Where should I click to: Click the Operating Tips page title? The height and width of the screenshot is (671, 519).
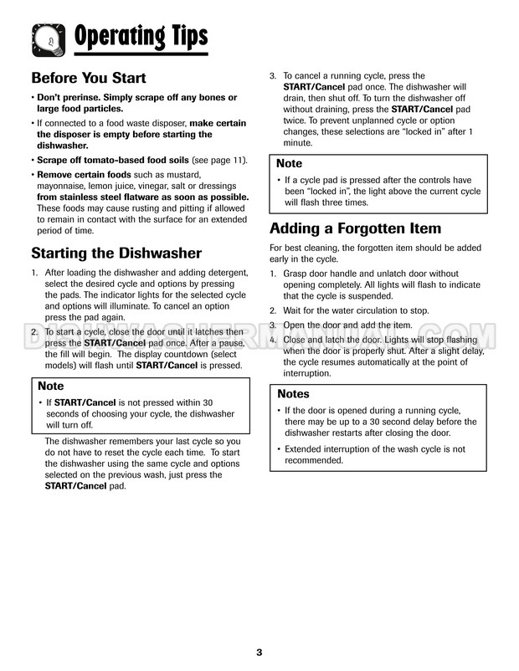(141, 36)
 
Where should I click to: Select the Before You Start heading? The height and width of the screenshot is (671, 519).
(88, 78)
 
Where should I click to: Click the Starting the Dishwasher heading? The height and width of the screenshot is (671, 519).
(116, 253)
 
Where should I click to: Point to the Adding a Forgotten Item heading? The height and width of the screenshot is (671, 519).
(355, 228)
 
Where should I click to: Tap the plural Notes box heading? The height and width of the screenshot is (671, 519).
(293, 393)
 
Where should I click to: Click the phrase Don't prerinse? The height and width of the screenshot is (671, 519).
(68, 98)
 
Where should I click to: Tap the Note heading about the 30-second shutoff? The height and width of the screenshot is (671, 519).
(51, 386)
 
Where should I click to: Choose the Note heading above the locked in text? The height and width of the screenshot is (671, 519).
(289, 163)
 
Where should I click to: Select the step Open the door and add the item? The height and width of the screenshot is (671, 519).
(347, 325)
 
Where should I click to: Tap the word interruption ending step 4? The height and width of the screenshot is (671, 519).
(307, 374)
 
